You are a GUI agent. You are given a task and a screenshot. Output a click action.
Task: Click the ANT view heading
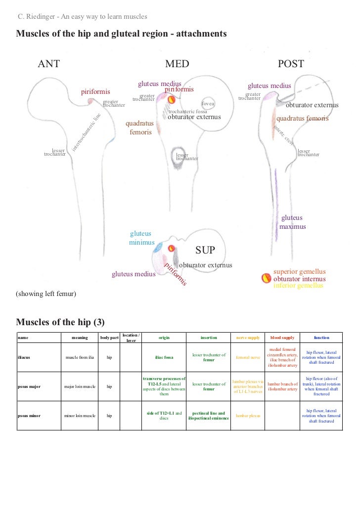point(49,64)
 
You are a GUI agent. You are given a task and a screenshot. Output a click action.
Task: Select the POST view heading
point(291,64)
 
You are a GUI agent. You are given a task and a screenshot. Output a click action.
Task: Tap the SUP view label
point(205,250)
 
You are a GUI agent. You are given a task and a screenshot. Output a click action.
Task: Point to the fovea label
point(208,104)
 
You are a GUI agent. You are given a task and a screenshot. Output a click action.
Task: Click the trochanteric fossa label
point(188,112)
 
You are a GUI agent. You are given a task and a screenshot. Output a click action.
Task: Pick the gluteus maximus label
point(292,222)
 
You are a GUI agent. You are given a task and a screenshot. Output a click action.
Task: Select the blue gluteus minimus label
point(140,238)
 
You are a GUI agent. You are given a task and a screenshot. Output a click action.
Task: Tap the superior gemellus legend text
point(300,272)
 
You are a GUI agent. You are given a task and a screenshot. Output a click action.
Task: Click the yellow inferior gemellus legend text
point(298,286)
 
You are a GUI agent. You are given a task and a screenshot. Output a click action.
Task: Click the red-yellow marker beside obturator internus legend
point(266,279)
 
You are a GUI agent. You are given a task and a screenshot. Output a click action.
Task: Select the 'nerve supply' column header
point(248,338)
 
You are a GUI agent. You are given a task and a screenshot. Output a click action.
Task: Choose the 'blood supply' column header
point(282,338)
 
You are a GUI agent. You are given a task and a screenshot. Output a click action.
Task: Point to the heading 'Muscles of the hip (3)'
point(61,323)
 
